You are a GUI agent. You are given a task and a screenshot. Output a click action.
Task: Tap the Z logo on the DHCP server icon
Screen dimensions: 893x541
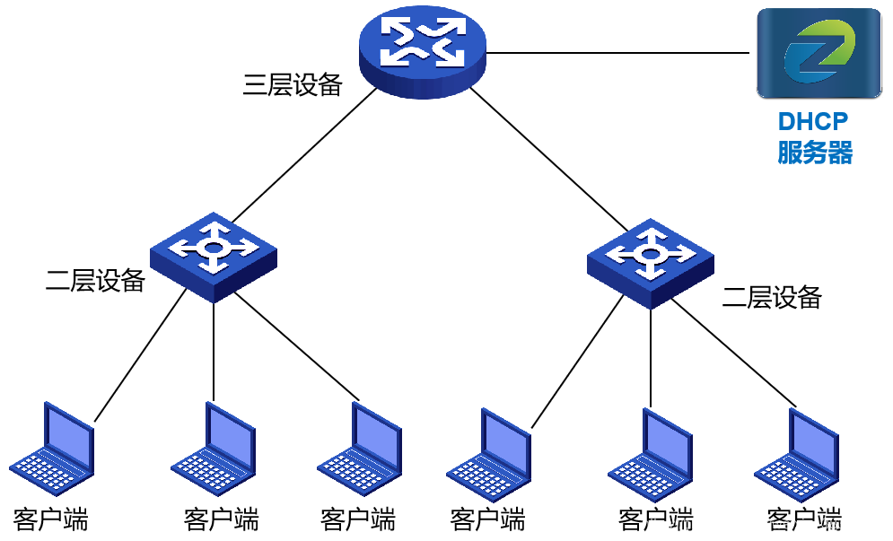coord(819,51)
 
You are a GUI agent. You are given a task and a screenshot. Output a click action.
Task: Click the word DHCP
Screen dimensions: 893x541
coord(813,121)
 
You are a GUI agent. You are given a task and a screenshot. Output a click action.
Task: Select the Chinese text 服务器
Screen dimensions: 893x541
coord(814,153)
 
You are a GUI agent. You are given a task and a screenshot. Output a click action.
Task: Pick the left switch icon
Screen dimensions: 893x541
coord(214,257)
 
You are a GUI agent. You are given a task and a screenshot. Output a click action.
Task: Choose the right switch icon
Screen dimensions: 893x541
coord(651,264)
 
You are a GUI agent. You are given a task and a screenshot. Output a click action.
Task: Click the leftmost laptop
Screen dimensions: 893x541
coord(53,448)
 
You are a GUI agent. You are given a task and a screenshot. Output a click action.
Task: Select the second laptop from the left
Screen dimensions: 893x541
coord(214,448)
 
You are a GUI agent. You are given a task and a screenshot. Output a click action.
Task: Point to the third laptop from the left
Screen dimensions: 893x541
coord(360,448)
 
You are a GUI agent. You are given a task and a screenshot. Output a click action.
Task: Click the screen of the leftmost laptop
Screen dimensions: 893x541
coord(69,436)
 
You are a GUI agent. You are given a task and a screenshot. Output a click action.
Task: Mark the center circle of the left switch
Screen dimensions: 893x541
coord(213,248)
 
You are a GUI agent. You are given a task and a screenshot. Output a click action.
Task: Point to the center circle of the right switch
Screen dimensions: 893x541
coord(650,255)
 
